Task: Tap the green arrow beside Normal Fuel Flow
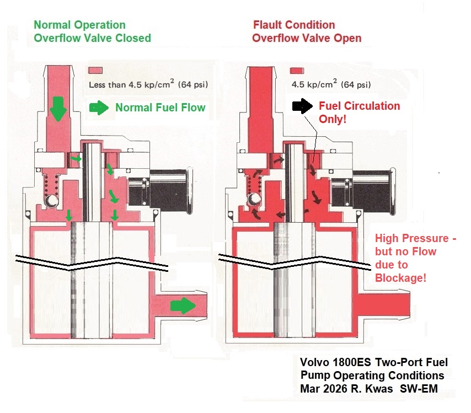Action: click(99, 108)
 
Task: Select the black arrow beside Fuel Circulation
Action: click(302, 106)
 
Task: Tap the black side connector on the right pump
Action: click(362, 187)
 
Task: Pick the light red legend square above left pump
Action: click(95, 71)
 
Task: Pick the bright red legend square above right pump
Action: click(297, 71)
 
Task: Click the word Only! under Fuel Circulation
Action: click(333, 119)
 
